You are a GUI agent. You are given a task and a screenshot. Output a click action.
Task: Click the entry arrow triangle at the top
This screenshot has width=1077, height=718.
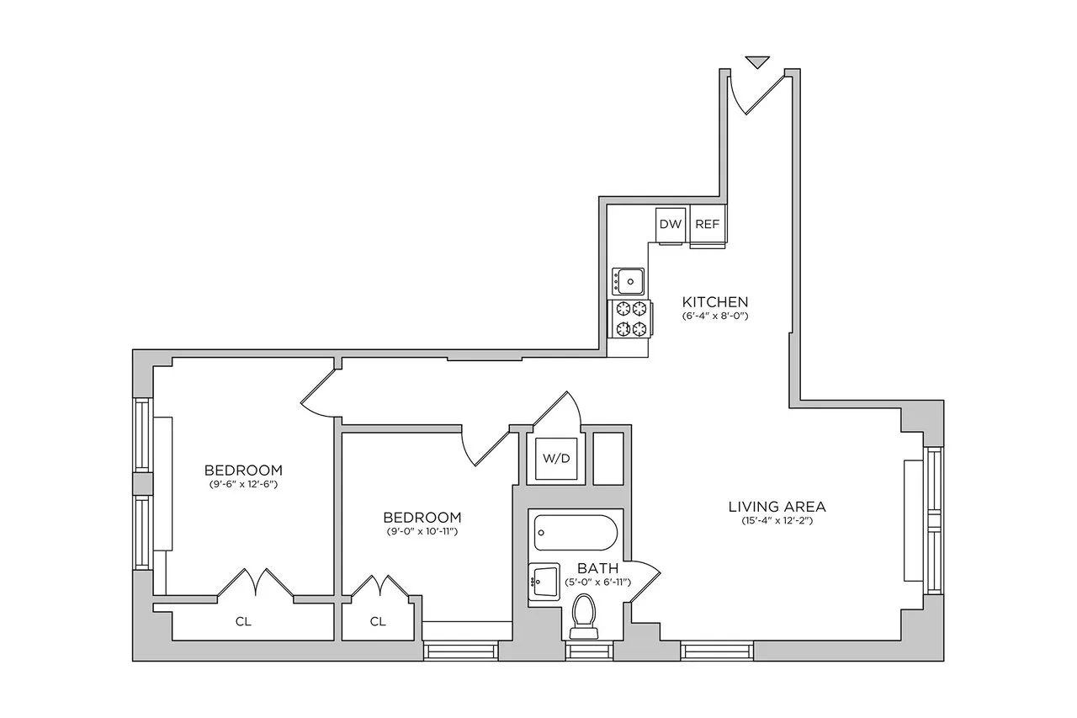[x=758, y=61]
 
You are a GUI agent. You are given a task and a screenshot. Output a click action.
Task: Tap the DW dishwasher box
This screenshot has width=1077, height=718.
[x=670, y=224]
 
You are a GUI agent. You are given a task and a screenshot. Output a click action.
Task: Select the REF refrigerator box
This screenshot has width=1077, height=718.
[x=707, y=224]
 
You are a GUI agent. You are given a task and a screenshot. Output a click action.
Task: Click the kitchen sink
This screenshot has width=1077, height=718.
[x=628, y=279]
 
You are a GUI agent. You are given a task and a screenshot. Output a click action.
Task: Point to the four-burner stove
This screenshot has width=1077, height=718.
[x=631, y=319]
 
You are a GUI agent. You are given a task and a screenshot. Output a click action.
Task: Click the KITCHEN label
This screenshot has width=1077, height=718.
[x=714, y=301]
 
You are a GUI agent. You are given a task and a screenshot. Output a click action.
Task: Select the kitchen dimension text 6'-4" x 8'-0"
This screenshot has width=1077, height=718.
[x=714, y=316]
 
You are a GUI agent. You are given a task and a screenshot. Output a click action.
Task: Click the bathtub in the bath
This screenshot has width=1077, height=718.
[x=576, y=533]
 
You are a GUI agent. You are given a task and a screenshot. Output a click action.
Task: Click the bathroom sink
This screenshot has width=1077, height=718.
[x=543, y=581]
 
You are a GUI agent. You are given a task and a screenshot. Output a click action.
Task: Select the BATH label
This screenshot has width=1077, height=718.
[x=598, y=569]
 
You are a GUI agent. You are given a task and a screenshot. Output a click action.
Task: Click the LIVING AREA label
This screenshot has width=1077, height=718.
[x=777, y=506]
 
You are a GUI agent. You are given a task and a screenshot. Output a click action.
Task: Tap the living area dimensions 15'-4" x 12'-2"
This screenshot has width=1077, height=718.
[x=777, y=521]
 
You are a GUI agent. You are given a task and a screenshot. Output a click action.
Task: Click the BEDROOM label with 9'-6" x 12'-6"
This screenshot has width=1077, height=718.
[x=243, y=470]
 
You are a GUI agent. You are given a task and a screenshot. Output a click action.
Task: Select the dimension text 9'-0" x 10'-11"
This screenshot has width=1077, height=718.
[x=422, y=532]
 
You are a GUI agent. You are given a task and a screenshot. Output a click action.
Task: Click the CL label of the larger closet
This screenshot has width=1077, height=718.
[x=243, y=622]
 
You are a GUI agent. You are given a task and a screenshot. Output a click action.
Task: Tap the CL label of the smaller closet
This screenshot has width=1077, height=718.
[x=378, y=622]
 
